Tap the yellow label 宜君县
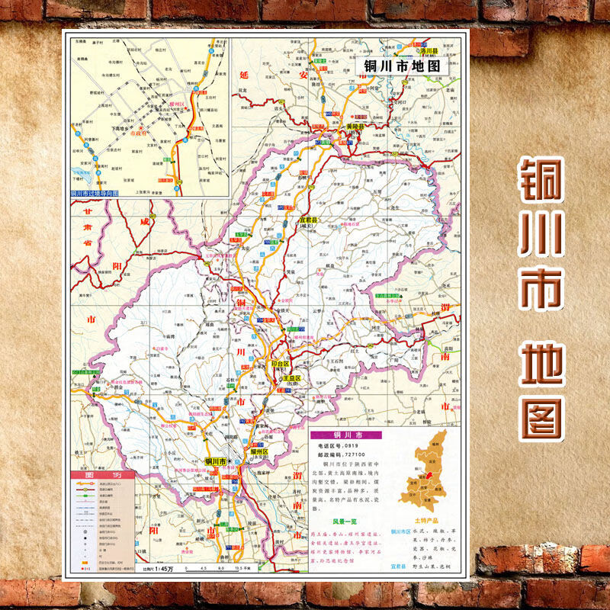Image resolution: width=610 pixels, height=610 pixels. [308, 220]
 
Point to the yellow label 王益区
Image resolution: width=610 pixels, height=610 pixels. [292, 378]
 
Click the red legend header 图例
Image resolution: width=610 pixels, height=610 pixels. [102, 474]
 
